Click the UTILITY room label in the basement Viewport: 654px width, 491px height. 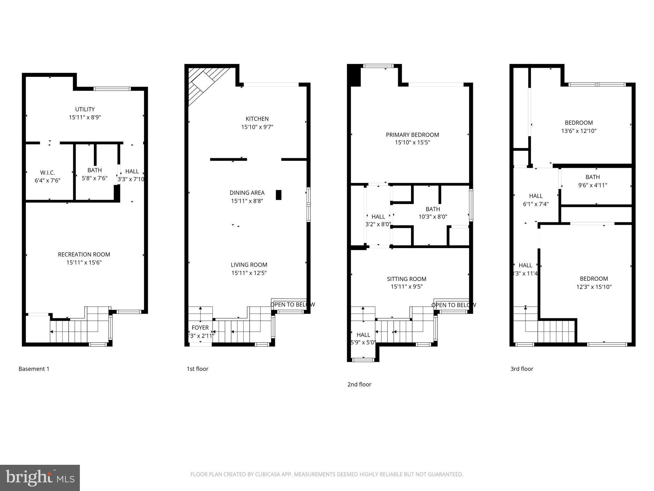[x=85, y=109]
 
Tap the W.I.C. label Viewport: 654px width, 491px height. [x=47, y=173]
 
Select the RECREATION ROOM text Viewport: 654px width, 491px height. [x=84, y=254]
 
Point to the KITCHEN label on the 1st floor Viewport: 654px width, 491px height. [x=257, y=119]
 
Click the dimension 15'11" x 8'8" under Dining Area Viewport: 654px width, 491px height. [x=247, y=201]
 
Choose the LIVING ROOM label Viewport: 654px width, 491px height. [x=249, y=265]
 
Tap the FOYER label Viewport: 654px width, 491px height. [x=200, y=328]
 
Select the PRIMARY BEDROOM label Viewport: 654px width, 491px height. [x=412, y=135]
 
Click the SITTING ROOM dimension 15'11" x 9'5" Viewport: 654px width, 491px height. [x=407, y=287]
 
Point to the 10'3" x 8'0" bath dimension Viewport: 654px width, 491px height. [x=433, y=217]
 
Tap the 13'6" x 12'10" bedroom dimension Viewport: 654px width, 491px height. [x=579, y=131]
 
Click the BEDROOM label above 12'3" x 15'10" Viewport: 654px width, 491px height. [x=594, y=279]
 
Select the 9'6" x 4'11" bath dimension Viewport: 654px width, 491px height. [x=592, y=185]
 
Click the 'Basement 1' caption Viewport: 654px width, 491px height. [x=34, y=369]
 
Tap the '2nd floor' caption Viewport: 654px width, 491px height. [x=359, y=385]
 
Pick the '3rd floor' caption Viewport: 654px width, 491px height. [x=521, y=369]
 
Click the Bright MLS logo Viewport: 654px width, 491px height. [x=40, y=478]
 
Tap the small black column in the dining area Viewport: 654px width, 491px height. [x=278, y=195]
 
